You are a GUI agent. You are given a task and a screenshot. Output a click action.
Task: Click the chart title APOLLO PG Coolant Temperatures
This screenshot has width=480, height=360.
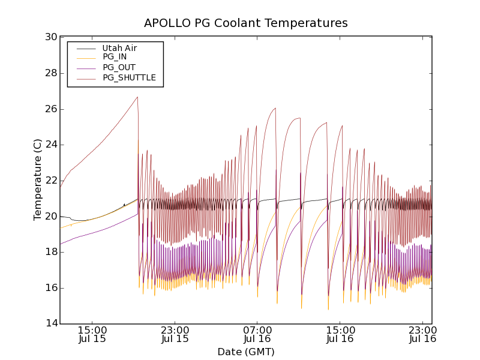[245, 23]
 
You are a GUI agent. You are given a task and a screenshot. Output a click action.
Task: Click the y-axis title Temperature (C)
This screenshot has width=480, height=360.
[38, 179]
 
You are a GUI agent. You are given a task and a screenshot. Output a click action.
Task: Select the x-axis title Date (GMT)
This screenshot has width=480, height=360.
[245, 352]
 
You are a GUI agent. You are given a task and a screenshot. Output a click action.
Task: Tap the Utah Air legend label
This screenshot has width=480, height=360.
[120, 47]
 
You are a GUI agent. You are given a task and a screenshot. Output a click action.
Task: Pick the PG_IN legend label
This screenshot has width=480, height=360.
[115, 57]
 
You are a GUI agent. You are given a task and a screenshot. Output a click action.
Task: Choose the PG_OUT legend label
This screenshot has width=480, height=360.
[119, 67]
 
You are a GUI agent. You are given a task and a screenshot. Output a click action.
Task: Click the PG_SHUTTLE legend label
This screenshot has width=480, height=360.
[129, 77]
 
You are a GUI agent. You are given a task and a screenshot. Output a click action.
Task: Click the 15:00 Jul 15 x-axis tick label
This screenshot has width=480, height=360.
[92, 334]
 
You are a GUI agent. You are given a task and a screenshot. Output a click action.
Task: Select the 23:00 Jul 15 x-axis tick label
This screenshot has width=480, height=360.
[175, 334]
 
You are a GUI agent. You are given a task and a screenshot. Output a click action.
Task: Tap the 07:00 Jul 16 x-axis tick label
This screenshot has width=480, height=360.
[257, 334]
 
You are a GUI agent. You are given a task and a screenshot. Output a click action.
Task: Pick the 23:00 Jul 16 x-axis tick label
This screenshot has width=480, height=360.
[422, 334]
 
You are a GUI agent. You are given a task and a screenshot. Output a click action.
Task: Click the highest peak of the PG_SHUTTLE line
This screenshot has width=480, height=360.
[137, 97]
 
